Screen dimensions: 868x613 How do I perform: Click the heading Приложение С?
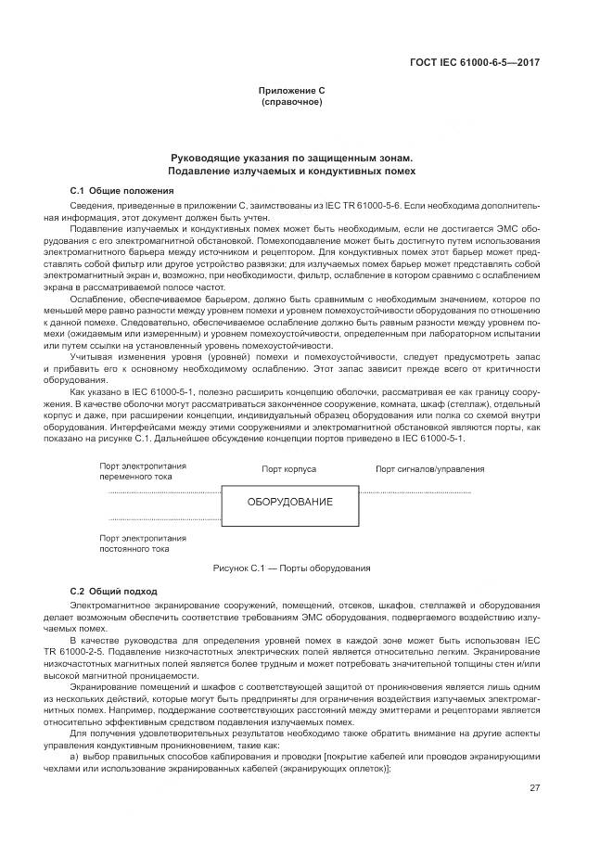point(291,91)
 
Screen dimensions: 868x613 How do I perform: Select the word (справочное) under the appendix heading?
point(291,102)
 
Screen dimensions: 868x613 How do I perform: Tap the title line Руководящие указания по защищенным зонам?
point(291,159)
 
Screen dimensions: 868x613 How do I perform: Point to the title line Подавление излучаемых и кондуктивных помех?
point(291,172)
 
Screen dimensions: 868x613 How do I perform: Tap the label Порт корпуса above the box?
point(288,469)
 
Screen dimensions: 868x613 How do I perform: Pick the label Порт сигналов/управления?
point(429,469)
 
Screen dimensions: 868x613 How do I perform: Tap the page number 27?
point(534,787)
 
